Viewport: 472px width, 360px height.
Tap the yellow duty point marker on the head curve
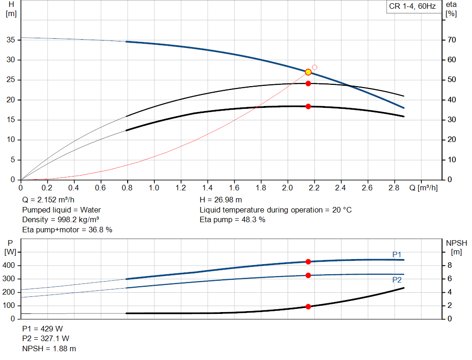[308, 72]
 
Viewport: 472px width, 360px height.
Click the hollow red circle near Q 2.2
[314, 67]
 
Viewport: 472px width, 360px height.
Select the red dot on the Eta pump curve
[308, 83]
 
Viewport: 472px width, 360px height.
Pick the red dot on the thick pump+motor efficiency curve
[308, 106]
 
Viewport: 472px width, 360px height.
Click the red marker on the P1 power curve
[308, 262]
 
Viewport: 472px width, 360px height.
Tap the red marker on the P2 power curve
[308, 275]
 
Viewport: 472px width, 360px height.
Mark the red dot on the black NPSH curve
[308, 307]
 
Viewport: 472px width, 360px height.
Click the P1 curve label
[397, 254]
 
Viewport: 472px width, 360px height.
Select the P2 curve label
[397, 280]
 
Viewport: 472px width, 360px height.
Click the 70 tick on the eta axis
[451, 40]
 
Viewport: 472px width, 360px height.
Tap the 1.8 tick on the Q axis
[261, 188]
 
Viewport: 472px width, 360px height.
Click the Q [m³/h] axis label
[424, 188]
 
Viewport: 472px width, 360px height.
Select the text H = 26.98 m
[221, 200]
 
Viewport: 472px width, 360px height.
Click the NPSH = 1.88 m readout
[49, 348]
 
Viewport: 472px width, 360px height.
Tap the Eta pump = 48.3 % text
[232, 219]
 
